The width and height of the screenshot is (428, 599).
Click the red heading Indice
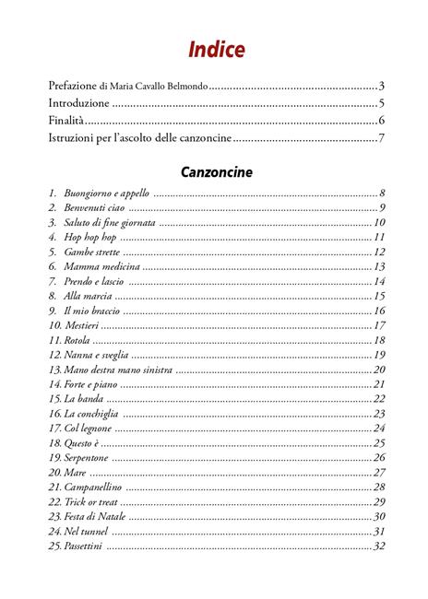click(217, 49)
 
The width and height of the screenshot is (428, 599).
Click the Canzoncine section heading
click(217, 171)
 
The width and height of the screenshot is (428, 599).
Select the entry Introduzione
click(78, 103)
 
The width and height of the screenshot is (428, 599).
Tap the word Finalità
click(65, 121)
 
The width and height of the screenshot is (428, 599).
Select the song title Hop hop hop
click(89, 238)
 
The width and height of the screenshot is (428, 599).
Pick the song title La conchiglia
click(90, 414)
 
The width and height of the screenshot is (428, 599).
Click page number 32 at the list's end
click(378, 546)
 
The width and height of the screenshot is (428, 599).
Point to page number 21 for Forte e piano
click(378, 384)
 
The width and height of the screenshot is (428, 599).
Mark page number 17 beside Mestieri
click(378, 325)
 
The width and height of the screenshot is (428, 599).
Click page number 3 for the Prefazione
click(380, 86)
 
